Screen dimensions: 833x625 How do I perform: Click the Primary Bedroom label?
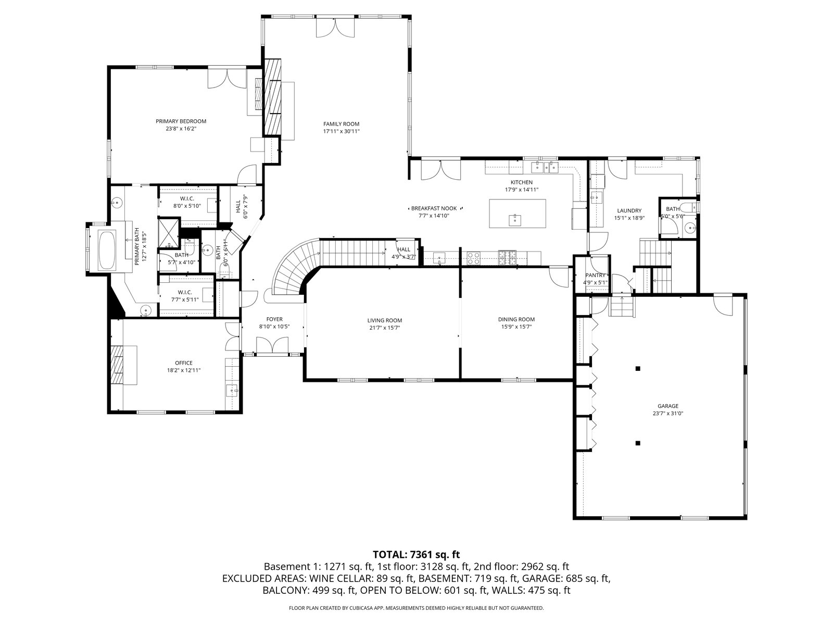coord(181,121)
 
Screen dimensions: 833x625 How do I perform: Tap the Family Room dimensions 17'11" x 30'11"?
coord(341,131)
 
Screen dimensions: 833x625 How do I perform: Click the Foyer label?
coord(274,319)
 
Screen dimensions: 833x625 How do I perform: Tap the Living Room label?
coord(384,320)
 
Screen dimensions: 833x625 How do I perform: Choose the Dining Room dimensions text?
coord(516,327)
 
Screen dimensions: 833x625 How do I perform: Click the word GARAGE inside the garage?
coord(668,406)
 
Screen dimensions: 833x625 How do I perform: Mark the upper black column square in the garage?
coord(638,368)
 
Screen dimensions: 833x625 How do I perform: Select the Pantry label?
coord(595,276)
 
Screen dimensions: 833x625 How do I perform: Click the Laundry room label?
coord(629,210)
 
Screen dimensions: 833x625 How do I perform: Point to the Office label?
coord(184,363)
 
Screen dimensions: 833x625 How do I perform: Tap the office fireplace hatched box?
coord(117,365)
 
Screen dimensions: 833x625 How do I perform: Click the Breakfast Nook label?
coord(434,208)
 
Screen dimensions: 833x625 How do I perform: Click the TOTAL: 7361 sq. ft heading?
coord(416,555)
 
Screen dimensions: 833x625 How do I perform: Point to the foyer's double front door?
coord(272,345)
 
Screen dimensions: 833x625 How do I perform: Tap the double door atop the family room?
coord(335,27)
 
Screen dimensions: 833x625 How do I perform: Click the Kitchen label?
coord(522,182)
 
